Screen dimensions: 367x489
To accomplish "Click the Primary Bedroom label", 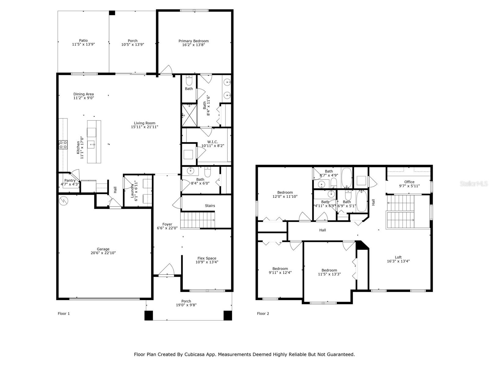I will tap(193, 41).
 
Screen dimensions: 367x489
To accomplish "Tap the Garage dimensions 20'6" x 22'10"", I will tap(103, 253).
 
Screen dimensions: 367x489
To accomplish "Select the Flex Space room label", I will tap(207, 258).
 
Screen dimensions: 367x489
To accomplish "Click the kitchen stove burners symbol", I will tap(63, 145).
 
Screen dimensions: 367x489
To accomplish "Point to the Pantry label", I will tap(70, 180).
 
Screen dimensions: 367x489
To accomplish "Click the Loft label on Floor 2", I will tap(398, 257).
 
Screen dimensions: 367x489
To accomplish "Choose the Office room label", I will tap(409, 182).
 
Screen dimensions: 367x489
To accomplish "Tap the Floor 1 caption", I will tap(64, 313).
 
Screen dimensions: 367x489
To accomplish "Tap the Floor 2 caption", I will tap(263, 313).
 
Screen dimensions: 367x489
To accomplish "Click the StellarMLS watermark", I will tap(473, 183).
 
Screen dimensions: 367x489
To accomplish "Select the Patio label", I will tap(83, 40).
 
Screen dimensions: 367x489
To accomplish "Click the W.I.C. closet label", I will tap(212, 142).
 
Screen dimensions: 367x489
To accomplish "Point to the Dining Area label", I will tap(83, 94).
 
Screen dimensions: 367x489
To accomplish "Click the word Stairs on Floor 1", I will tap(210, 206).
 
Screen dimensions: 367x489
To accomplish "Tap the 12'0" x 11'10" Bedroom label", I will tap(285, 192).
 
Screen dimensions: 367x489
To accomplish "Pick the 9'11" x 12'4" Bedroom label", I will tap(280, 269).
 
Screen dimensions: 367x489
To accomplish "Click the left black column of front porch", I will tap(149, 315).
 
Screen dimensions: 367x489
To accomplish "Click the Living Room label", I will tap(144, 123).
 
